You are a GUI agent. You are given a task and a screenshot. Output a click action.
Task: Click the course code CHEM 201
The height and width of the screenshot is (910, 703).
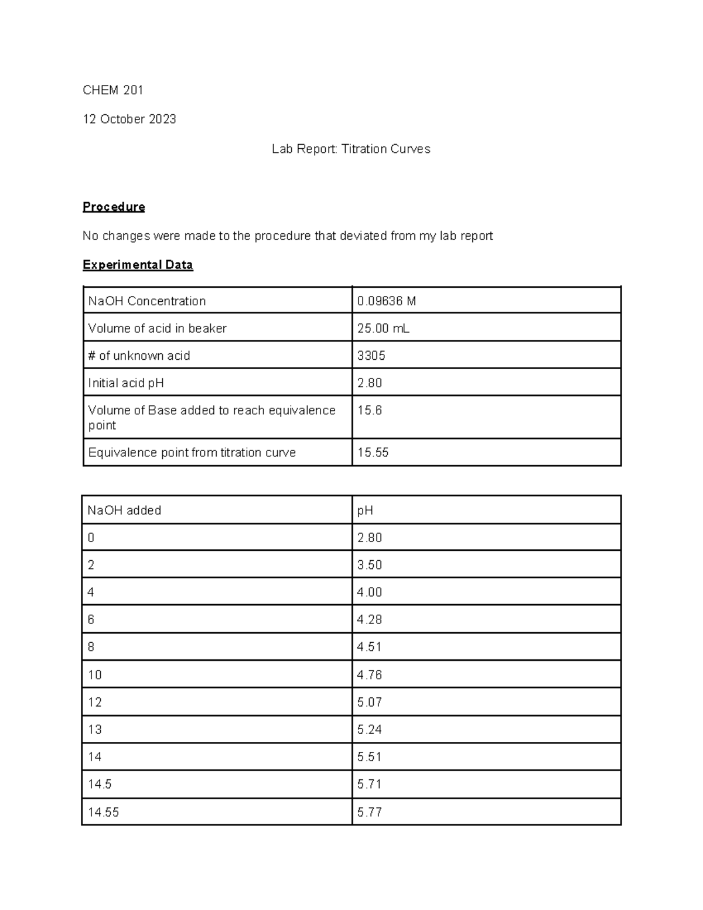pyautogui.click(x=113, y=90)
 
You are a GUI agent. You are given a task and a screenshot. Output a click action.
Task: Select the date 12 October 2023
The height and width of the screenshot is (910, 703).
pyautogui.click(x=129, y=119)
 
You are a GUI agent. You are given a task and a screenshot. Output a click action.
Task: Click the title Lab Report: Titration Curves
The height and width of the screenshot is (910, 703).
pyautogui.click(x=351, y=149)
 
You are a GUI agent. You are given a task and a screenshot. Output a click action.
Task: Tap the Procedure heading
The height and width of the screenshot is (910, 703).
pyautogui.click(x=114, y=207)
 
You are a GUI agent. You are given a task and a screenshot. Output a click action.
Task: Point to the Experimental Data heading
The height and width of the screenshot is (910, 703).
pyautogui.click(x=138, y=265)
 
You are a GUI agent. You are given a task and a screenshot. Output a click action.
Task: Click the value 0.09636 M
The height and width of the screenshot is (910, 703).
pyautogui.click(x=387, y=301)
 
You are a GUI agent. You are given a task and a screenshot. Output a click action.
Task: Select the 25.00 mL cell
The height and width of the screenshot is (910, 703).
pyautogui.click(x=383, y=328)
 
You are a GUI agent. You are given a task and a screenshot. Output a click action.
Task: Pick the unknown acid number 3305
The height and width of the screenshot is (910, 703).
pyautogui.click(x=371, y=356)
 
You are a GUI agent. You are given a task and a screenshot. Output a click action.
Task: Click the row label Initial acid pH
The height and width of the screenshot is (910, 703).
pyautogui.click(x=126, y=383)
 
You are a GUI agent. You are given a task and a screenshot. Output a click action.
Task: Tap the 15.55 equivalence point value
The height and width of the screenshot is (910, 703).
pyautogui.click(x=373, y=452)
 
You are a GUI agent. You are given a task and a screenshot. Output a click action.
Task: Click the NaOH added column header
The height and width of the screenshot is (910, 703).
pyautogui.click(x=124, y=510)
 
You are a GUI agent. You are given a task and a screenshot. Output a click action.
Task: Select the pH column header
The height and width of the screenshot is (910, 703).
pyautogui.click(x=365, y=510)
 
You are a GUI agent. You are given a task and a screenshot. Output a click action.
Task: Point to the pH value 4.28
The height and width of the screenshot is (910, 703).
pyautogui.click(x=370, y=619)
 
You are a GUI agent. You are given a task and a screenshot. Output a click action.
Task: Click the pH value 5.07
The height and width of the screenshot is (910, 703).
pyautogui.click(x=370, y=702)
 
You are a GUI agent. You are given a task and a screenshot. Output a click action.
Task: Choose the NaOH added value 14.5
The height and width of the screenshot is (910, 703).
pyautogui.click(x=100, y=784)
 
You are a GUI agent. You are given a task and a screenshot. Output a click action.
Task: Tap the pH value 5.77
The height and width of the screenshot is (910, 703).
pyautogui.click(x=370, y=812)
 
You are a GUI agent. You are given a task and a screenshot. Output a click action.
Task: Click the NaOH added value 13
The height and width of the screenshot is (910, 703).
pyautogui.click(x=95, y=730)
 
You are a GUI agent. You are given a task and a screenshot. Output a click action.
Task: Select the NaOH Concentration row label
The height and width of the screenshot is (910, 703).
pyautogui.click(x=147, y=301)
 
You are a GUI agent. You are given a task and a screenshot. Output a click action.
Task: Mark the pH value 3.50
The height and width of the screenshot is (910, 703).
pyautogui.click(x=370, y=565)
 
